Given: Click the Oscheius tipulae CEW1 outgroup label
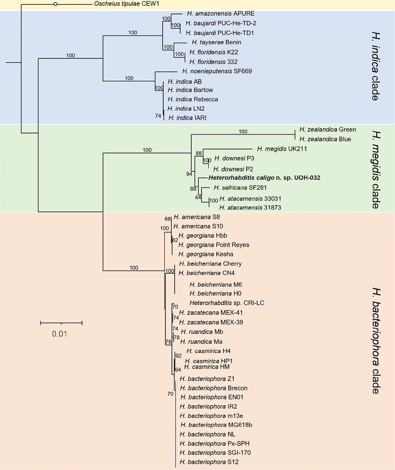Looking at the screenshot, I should click(127, 4).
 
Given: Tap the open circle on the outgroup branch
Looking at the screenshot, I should click(55, 4).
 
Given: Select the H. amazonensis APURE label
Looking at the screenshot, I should click(221, 14).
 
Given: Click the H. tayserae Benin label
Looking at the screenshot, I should click(216, 42).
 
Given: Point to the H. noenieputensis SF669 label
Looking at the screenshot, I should click(217, 71).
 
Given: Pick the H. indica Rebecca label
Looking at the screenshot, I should click(193, 99).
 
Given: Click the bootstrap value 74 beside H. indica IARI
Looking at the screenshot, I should click(158, 116).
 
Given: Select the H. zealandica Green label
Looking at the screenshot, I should click(327, 130).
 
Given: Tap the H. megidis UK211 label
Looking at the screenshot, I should click(282, 149).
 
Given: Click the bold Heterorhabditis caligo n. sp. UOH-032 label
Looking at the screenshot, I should click(264, 178).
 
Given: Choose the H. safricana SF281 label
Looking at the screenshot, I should click(240, 188).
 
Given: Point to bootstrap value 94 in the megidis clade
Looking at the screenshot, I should click(189, 174).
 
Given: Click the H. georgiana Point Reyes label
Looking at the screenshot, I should click(214, 245).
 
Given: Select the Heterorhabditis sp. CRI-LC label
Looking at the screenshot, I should click(227, 303).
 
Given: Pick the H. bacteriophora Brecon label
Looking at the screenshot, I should click(214, 388).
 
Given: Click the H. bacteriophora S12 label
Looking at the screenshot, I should click(209, 462).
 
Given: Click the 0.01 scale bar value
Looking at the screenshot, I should click(60, 334).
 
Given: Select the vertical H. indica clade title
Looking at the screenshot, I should click(375, 66).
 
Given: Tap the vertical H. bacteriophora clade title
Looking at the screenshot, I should click(375, 341).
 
